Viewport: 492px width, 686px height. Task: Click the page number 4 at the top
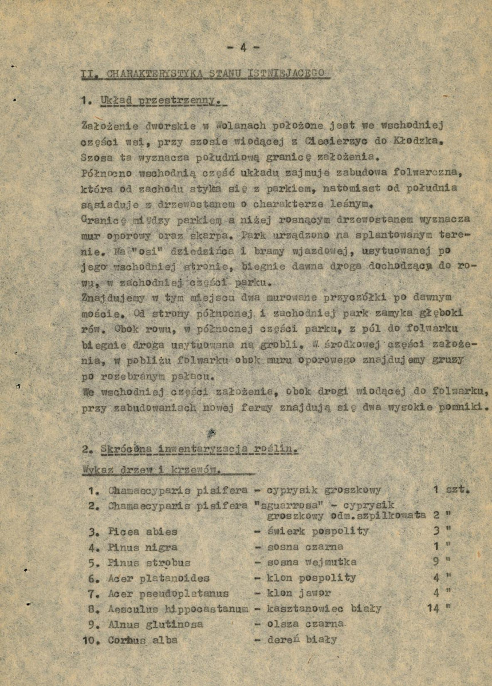pos(243,48)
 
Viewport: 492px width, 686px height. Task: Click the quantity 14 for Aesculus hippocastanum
pos(433,609)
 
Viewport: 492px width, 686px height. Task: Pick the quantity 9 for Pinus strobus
pos(436,562)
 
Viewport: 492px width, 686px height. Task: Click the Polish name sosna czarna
pos(305,547)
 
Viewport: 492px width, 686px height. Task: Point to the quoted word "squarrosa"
pos(285,506)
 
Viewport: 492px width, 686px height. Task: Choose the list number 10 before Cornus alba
pos(92,640)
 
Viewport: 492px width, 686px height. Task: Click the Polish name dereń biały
pos(302,640)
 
